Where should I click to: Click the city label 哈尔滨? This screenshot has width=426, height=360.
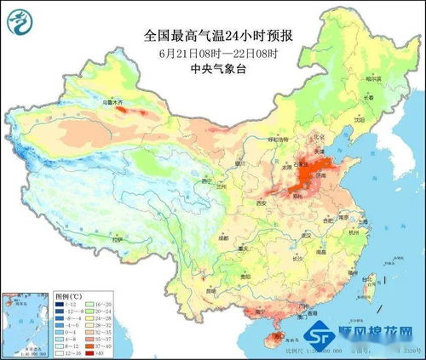(375, 79)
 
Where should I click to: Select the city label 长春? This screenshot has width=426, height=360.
(367, 97)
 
